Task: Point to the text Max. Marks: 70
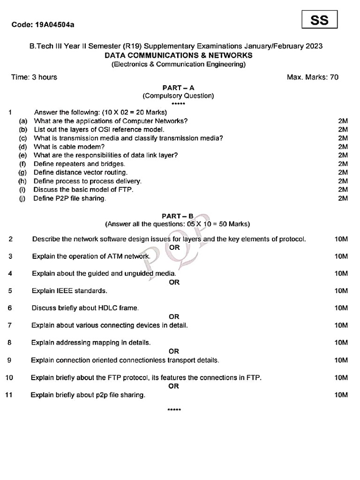[313, 77]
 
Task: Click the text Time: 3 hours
[34, 77]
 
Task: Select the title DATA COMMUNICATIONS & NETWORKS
[178, 55]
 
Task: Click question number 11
[8, 395]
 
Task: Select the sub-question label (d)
[22, 147]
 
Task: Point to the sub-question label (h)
[22, 181]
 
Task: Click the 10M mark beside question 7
[341, 325]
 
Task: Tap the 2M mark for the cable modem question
[343, 147]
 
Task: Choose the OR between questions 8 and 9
[174, 351]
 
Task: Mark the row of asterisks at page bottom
[174, 410]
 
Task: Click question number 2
[10, 239]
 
